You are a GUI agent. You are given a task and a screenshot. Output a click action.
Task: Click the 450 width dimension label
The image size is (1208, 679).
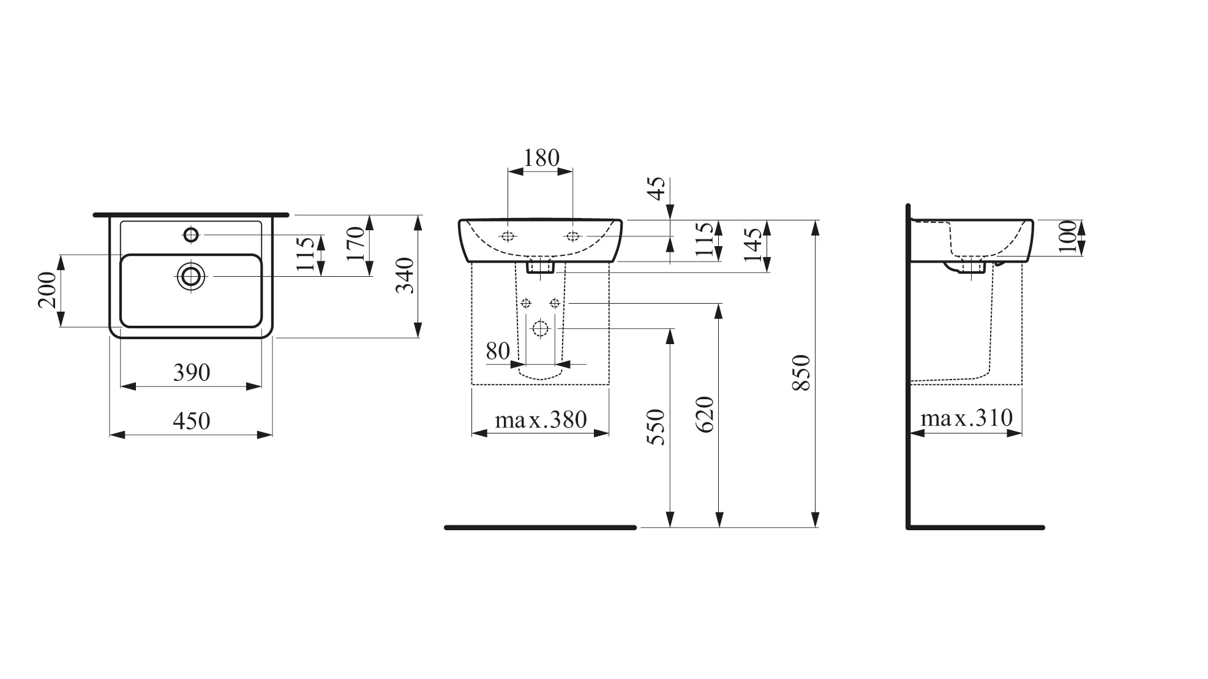click(x=191, y=421)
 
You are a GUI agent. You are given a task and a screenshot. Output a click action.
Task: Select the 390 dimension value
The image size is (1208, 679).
click(x=191, y=372)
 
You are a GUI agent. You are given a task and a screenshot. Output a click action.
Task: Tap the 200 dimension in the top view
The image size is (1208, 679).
click(x=48, y=290)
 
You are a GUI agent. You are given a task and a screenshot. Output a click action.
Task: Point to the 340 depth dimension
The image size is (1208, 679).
click(x=405, y=276)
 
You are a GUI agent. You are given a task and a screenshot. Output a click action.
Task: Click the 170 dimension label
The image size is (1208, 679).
click(x=356, y=244)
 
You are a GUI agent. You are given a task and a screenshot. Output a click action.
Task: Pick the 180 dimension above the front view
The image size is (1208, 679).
click(x=541, y=158)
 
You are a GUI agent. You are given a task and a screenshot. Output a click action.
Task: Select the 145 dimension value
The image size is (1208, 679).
click(x=754, y=245)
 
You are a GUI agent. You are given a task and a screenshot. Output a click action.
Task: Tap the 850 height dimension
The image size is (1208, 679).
click(x=801, y=372)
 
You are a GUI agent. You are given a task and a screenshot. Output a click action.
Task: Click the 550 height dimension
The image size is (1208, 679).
click(x=656, y=427)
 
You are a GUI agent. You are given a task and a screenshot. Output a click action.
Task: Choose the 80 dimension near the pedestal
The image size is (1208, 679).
click(x=498, y=351)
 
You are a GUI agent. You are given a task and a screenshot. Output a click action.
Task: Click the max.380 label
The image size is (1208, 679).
click(x=541, y=420)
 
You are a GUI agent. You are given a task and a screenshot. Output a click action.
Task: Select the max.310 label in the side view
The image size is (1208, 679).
click(x=966, y=418)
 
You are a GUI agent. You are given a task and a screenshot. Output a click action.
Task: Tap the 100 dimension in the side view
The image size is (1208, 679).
click(x=1067, y=236)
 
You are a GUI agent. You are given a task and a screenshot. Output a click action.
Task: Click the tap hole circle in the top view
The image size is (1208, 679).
click(x=191, y=234)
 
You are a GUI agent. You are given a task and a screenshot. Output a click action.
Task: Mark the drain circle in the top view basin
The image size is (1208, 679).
click(x=191, y=277)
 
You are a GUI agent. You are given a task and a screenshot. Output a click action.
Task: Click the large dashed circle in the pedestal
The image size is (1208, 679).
click(x=540, y=329)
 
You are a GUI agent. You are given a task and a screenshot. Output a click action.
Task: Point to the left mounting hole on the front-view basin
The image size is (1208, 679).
click(x=508, y=236)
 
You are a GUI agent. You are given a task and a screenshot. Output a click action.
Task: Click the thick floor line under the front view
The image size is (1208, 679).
click(x=540, y=527)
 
